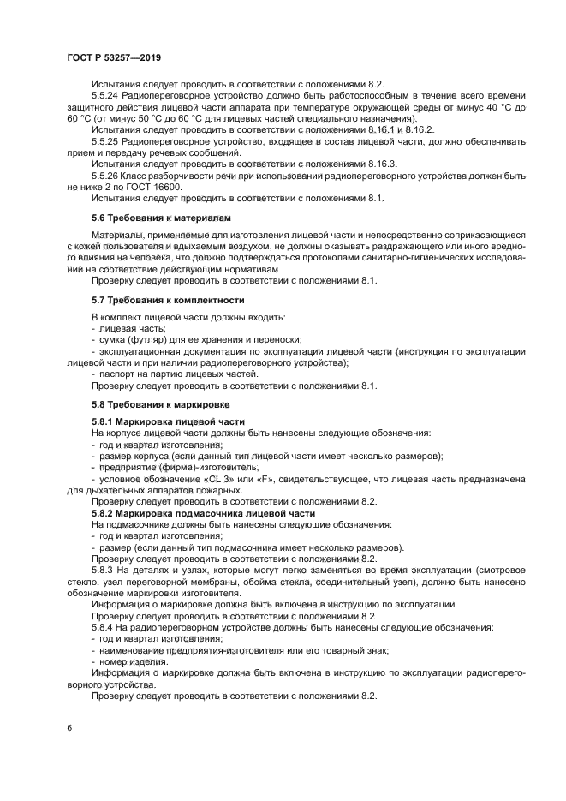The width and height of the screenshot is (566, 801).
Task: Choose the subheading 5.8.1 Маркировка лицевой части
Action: point(168,421)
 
